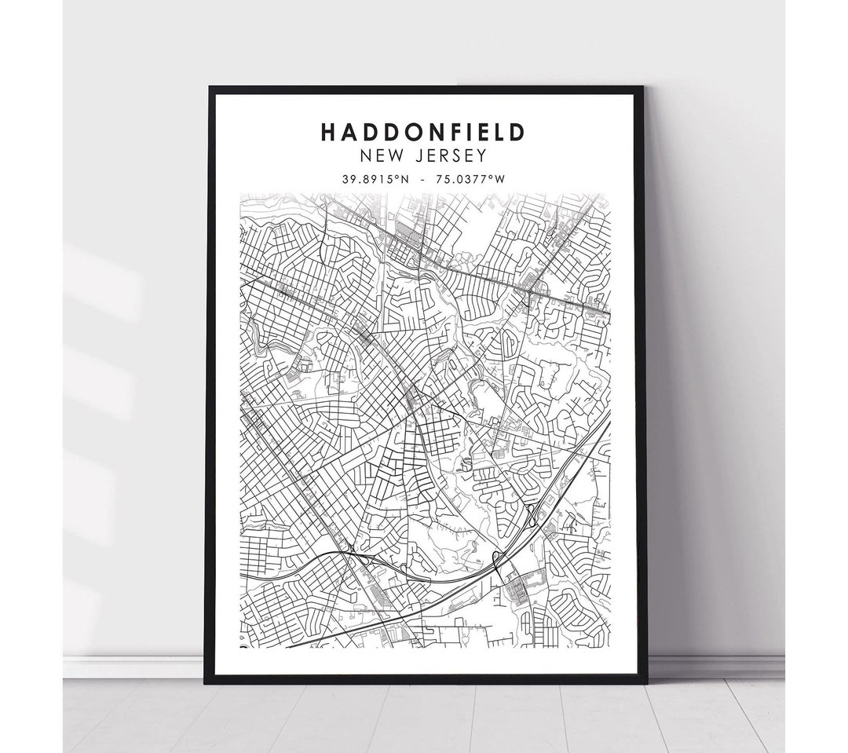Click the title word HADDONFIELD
pos(422,132)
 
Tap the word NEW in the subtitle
pos(378,156)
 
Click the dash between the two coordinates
pos(423,179)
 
